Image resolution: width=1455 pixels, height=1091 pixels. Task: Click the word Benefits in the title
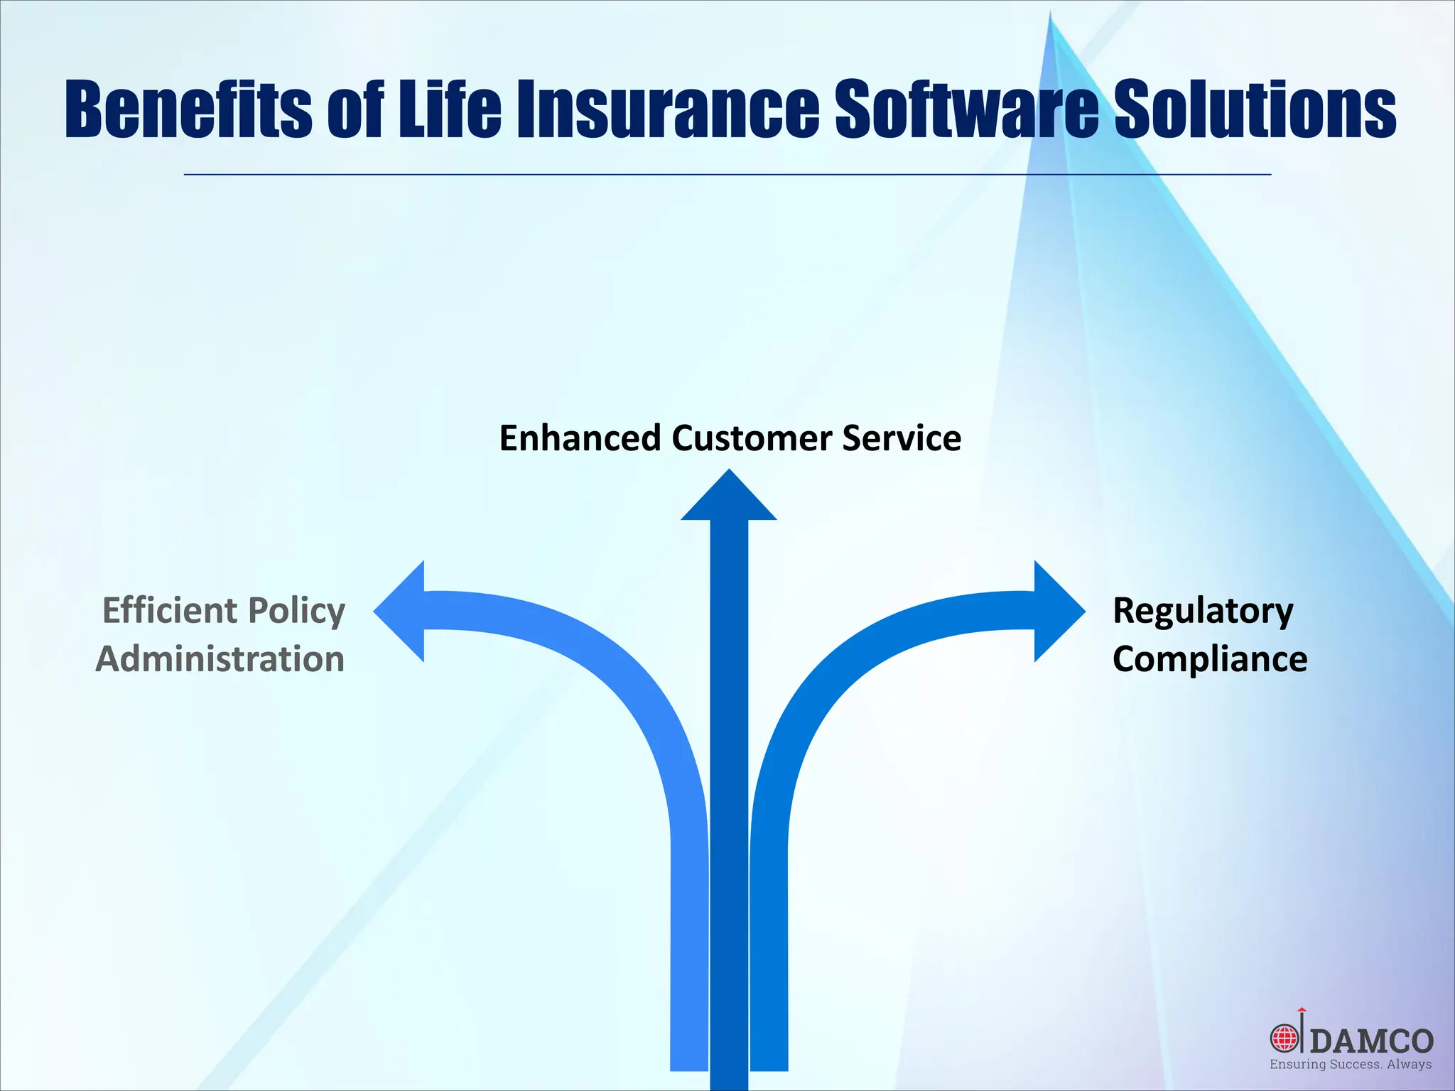click(188, 110)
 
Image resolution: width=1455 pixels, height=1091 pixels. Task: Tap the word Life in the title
click(449, 110)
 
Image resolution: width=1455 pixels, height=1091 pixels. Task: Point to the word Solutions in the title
click(1254, 110)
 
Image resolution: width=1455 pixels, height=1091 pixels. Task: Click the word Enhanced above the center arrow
click(580, 438)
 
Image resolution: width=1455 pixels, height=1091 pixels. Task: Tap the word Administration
click(220, 659)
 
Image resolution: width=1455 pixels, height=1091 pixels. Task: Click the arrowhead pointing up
click(729, 500)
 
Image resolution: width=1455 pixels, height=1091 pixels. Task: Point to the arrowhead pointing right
click(1056, 611)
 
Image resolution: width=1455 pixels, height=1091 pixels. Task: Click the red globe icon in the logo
click(1284, 1038)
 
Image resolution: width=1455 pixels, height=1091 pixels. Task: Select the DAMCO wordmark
click(1371, 1041)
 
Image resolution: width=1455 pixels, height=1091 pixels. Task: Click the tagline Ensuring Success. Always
click(1351, 1065)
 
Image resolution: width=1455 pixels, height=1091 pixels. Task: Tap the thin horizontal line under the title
click(727, 174)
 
